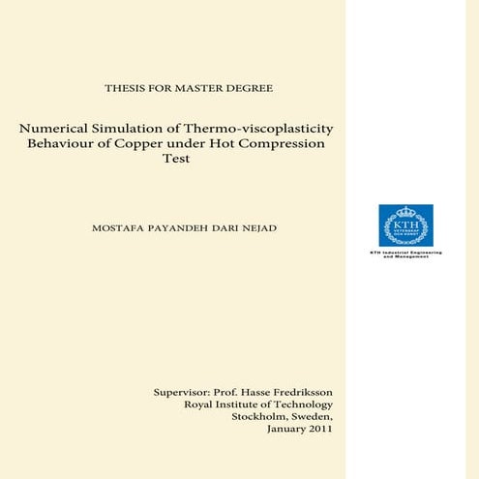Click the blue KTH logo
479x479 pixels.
pyautogui.click(x=405, y=225)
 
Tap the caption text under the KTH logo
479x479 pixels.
pyautogui.click(x=405, y=254)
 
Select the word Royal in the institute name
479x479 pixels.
pyautogui.click(x=199, y=404)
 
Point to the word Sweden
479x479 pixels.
pyautogui.click(x=313, y=417)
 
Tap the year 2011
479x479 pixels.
pyautogui.click(x=318, y=430)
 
